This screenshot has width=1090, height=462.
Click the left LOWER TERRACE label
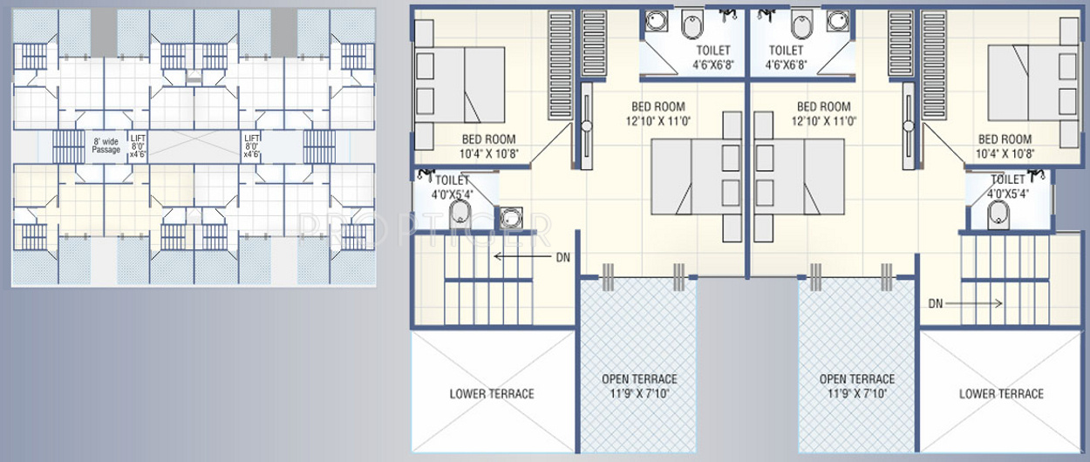point(492,394)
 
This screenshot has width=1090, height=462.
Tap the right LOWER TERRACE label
point(1001,394)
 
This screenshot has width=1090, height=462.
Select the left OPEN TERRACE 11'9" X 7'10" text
point(639,386)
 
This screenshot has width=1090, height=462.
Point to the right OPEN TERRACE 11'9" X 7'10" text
point(857,386)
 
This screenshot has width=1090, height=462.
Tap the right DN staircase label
point(936,304)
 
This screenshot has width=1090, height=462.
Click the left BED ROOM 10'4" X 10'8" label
point(488,146)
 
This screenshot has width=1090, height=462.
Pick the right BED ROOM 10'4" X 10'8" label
point(1005,146)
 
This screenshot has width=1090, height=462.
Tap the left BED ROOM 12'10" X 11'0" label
point(658,114)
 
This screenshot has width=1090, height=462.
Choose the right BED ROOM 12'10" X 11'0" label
point(823,114)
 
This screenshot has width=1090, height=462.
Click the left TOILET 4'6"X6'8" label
point(712,58)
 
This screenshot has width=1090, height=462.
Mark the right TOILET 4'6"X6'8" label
point(786,58)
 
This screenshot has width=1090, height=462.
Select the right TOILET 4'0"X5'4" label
point(1008,187)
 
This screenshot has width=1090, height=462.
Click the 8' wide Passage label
point(106,145)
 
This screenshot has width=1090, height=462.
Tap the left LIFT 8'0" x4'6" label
point(139,146)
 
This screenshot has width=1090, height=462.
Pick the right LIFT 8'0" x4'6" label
point(252,146)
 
